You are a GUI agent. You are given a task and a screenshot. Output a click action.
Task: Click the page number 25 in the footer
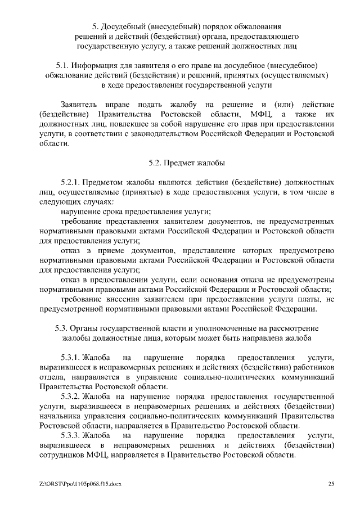click(x=331, y=484)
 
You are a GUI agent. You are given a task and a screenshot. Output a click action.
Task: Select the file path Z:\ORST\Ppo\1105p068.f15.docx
click(x=80, y=484)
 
